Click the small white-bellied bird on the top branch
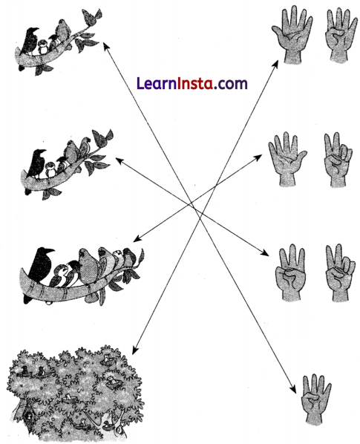point(45,45)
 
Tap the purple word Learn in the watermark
point(157,83)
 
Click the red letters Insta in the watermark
point(198,83)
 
